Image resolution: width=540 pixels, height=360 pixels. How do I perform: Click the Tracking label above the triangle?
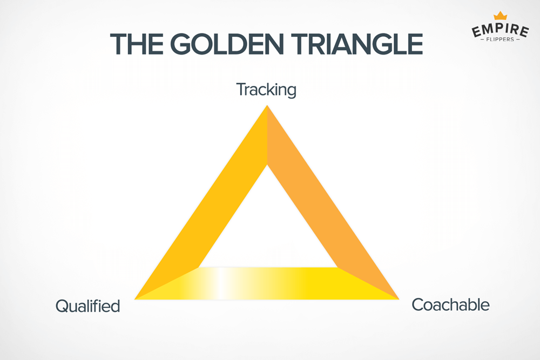pyautogui.click(x=266, y=90)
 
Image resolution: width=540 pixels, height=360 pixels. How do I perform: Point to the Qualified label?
pyautogui.click(x=87, y=307)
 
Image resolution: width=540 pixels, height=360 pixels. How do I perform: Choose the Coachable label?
pyautogui.click(x=450, y=305)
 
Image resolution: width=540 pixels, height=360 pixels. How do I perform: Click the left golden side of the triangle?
pyautogui.click(x=216, y=205)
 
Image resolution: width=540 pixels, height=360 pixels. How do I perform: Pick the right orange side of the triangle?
pyautogui.click(x=319, y=205)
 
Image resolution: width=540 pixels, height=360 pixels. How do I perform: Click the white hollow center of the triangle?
pyautogui.click(x=267, y=227)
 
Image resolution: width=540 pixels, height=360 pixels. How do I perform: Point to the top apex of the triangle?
pyautogui.click(x=267, y=108)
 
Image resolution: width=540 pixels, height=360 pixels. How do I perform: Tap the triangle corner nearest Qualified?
pyautogui.click(x=138, y=297)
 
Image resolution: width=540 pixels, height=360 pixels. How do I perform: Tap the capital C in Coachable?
pyautogui.click(x=417, y=305)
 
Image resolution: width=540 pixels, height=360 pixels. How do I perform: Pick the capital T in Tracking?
pyautogui.click(x=241, y=89)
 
